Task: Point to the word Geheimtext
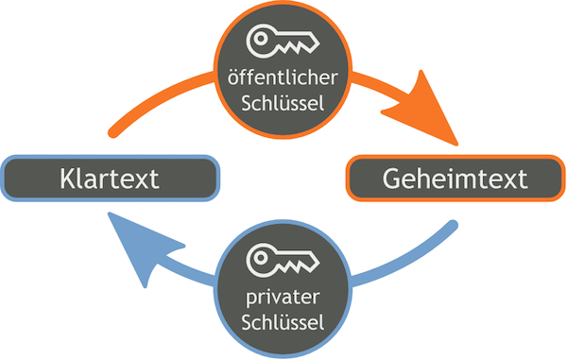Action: click(455, 178)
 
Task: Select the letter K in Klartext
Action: click(65, 178)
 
